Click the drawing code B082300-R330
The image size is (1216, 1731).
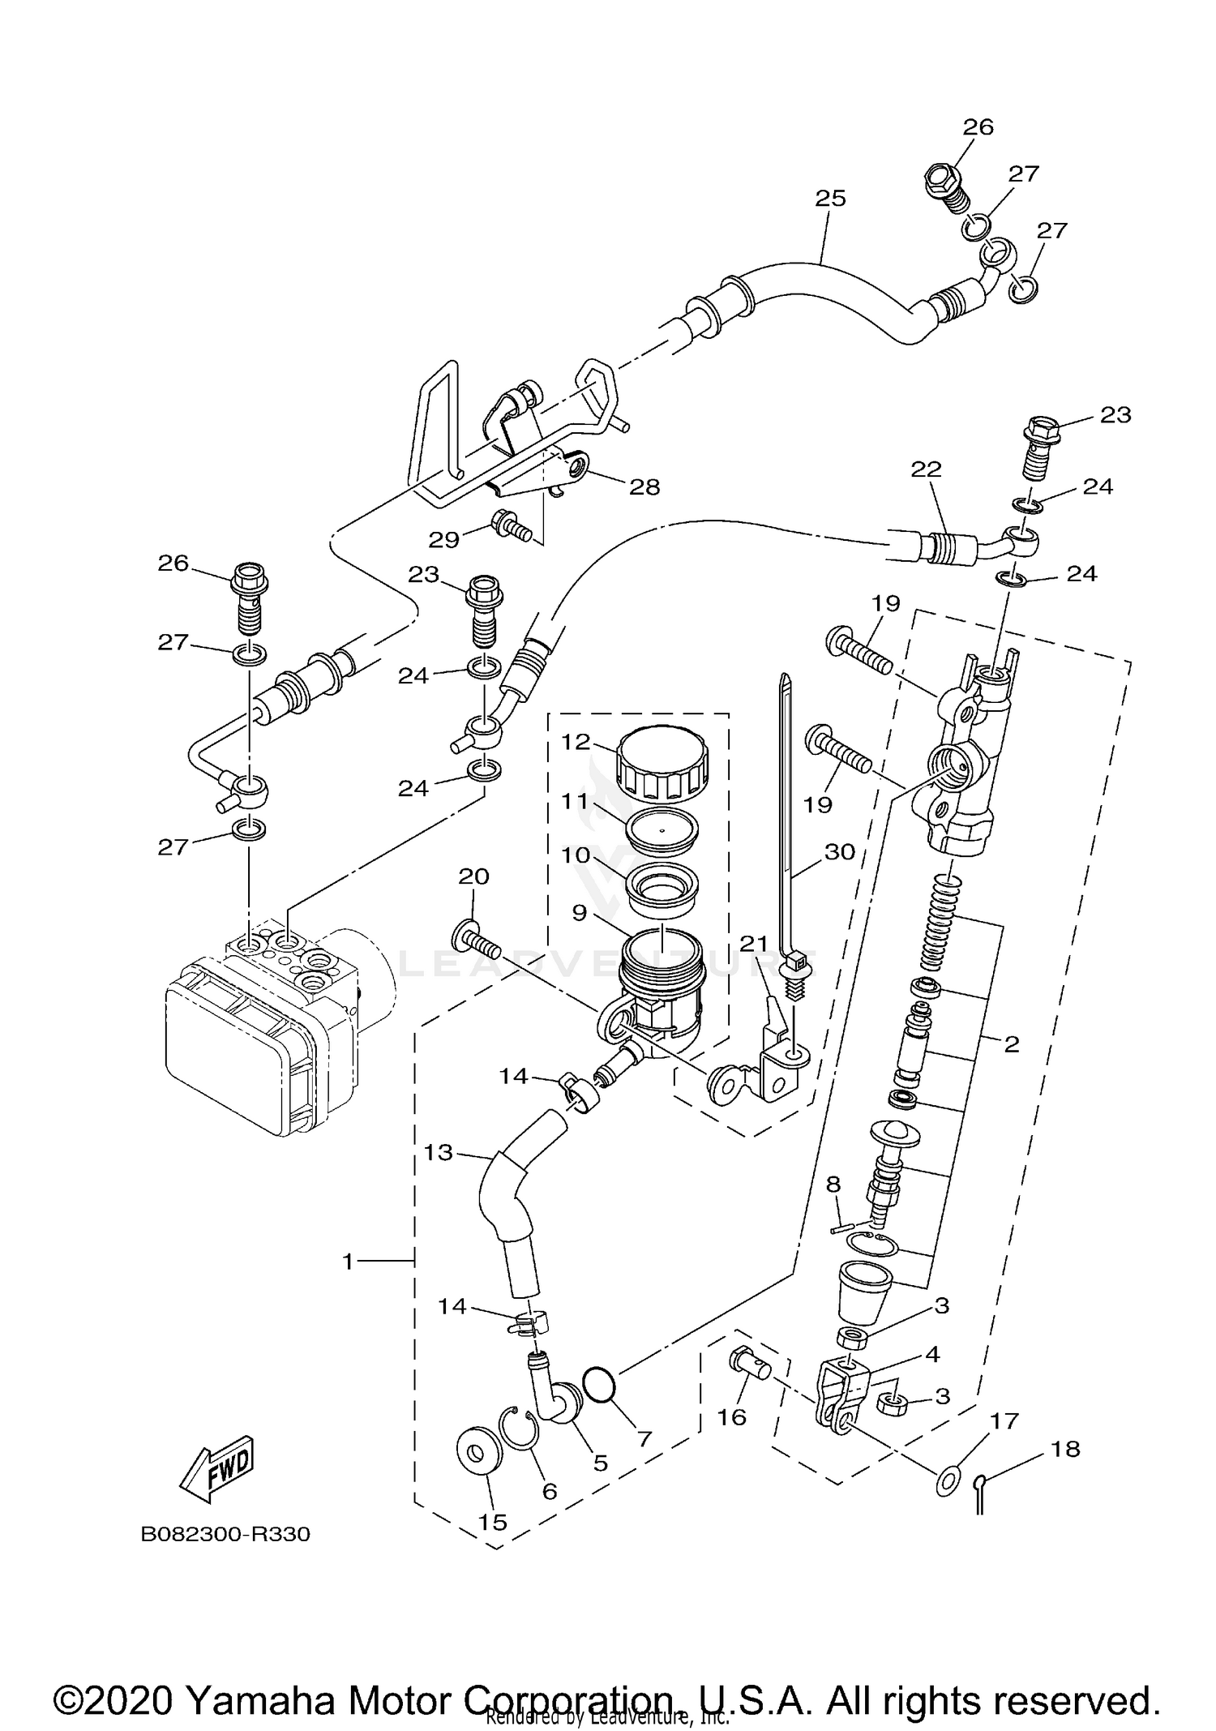(x=225, y=1535)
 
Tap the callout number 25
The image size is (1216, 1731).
(x=830, y=198)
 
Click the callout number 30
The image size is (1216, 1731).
(x=840, y=851)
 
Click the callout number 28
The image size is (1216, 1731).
(x=645, y=486)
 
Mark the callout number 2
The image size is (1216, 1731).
(x=1011, y=1044)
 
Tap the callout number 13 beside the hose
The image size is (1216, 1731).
(x=439, y=1151)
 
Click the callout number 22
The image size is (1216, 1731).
(x=927, y=469)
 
